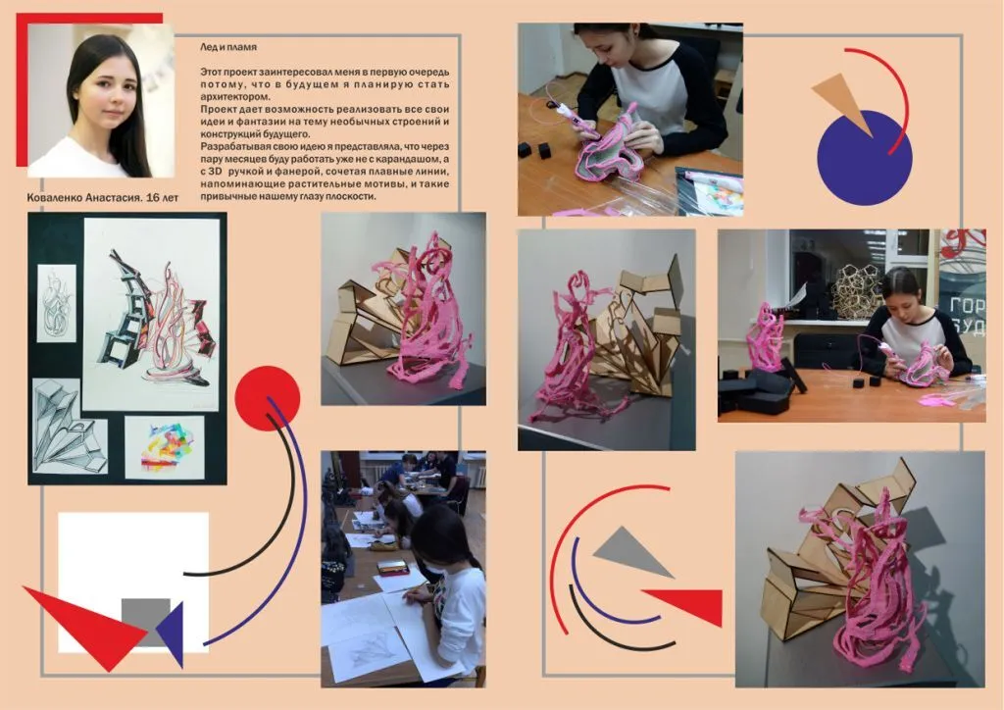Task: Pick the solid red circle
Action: pos(268,398)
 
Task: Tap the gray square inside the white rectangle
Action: pos(145,621)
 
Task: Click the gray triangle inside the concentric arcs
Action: pos(631,552)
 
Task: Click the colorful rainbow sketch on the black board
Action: pos(164,447)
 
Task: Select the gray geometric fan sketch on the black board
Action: pos(70,426)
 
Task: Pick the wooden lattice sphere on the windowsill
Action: pos(857,290)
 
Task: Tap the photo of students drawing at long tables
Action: pos(403,568)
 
